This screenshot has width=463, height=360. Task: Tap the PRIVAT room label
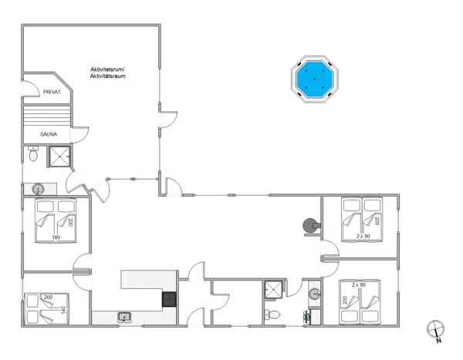[x=52, y=92]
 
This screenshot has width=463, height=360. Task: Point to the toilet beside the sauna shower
[x=33, y=156]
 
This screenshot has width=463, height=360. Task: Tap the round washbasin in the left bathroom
[x=38, y=188]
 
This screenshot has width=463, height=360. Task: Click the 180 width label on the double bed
[x=56, y=237]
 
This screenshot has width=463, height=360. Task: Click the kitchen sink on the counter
[x=123, y=316]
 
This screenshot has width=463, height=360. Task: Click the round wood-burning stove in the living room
[x=310, y=225]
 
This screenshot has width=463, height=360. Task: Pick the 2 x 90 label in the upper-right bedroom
[x=364, y=236]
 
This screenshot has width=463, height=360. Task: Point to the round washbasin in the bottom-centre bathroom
[x=315, y=293]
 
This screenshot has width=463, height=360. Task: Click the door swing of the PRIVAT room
[x=29, y=81]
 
